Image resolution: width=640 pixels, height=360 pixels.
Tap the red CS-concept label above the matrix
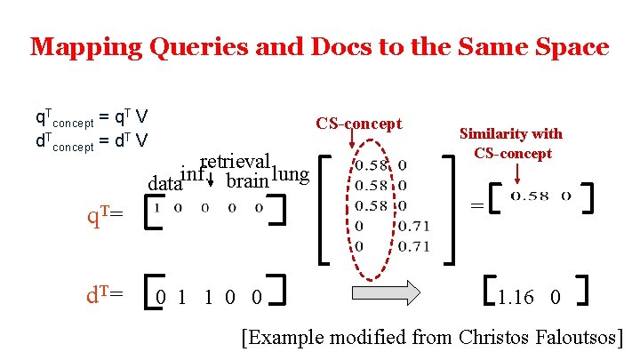click(x=358, y=124)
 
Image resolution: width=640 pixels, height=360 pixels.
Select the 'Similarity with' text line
click(x=510, y=133)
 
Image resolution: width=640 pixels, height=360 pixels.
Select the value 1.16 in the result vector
click(x=516, y=297)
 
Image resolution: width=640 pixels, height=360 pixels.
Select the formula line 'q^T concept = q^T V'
click(x=91, y=116)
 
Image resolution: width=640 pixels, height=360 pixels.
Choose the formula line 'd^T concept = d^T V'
click(x=91, y=140)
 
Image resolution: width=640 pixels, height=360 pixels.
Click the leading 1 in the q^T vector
click(x=157, y=207)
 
